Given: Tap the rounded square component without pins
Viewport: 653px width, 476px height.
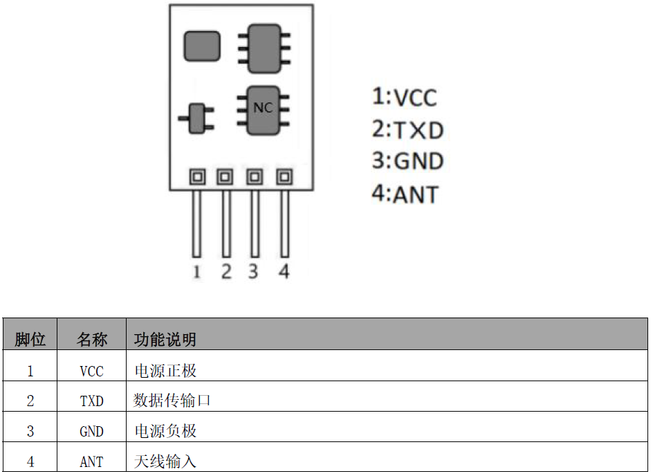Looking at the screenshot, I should pos(202,46).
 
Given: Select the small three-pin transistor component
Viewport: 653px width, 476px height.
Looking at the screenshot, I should pos(199,119).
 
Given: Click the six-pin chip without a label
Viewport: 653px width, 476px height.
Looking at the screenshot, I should pos(264,48).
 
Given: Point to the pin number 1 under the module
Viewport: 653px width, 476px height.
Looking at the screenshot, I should pos(196,271).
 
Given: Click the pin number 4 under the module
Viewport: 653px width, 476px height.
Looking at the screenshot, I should pos(284,271).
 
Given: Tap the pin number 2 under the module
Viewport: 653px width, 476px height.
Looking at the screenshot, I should pos(226,271).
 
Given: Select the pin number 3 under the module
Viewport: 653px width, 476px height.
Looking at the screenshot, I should pos(253,271).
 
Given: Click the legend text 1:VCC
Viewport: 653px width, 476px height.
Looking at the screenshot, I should pos(405,98).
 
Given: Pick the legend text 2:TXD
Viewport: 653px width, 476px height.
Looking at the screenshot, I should pos(407,129).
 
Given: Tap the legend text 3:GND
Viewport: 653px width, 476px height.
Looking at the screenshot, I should pos(407,161).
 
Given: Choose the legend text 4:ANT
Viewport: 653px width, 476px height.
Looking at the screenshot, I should pos(405,194).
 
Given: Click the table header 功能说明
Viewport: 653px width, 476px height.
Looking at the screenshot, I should pos(165,340).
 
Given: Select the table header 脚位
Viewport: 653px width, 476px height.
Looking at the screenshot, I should pos(30,340).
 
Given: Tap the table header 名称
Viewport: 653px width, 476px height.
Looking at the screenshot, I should pos(92,340).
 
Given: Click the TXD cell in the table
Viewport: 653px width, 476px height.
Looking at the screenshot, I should pos(91,401).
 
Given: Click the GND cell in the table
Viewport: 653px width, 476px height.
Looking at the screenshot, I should pos(91,431).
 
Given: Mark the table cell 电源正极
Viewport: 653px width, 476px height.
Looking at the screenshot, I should pos(165,370).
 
